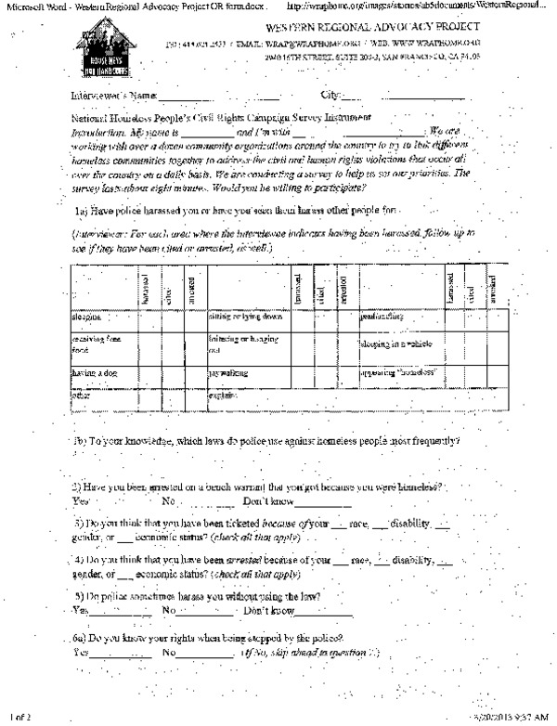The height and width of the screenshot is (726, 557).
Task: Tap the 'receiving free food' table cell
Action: pos(92,346)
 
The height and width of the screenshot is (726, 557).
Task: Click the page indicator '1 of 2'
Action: pos(19,717)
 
